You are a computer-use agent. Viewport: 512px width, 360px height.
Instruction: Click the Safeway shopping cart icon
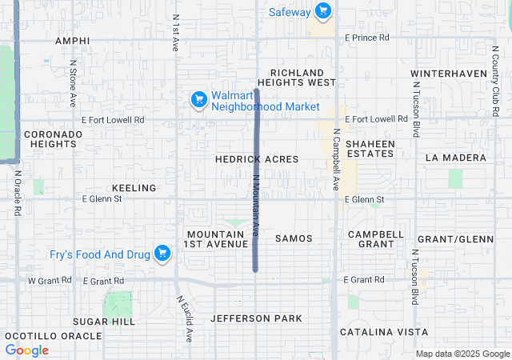(x=322, y=11)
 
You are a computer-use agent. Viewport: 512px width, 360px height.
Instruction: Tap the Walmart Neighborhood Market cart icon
(x=199, y=99)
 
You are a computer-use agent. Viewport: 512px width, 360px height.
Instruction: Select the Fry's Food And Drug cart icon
(x=163, y=254)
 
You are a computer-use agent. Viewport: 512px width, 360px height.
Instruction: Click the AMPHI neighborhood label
(x=71, y=40)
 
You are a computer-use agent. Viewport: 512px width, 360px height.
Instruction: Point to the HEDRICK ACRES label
(x=257, y=159)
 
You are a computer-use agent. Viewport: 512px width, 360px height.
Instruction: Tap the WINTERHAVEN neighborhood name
(x=449, y=74)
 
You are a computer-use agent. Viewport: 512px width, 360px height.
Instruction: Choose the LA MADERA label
(x=455, y=158)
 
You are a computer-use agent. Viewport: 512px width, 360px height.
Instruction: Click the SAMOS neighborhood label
(x=294, y=238)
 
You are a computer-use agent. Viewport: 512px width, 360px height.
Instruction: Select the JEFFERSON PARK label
(x=256, y=318)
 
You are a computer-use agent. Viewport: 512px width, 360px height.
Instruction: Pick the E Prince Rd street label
(x=366, y=38)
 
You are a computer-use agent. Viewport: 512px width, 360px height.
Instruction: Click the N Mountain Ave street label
(x=257, y=206)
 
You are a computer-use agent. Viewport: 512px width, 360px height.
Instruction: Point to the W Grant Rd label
(x=50, y=281)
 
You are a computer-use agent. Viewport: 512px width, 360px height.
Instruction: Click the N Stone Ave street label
(x=73, y=83)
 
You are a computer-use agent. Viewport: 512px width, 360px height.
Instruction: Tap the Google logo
(x=26, y=350)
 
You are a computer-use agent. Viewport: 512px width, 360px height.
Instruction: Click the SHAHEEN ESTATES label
(x=370, y=149)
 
